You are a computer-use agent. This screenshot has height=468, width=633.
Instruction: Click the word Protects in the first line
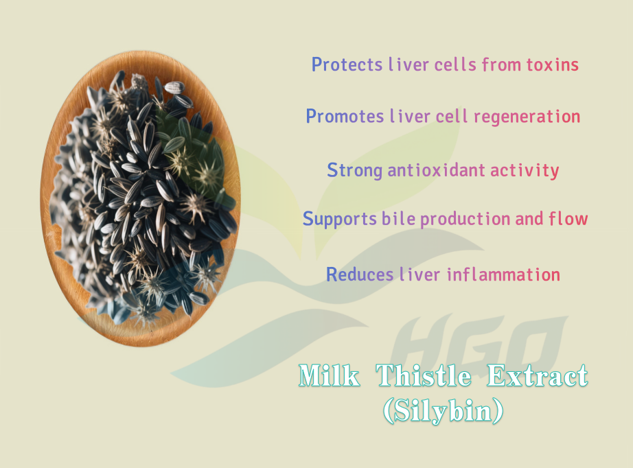(347, 65)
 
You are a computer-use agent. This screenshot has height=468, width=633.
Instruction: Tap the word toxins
(552, 65)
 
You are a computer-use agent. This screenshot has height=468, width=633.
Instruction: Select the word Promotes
(345, 116)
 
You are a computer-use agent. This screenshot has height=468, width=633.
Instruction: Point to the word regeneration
(527, 117)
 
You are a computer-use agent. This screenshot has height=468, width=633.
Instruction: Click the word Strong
(354, 170)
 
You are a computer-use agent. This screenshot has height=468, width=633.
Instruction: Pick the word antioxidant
(436, 170)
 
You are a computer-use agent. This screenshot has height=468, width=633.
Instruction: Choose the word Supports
(340, 219)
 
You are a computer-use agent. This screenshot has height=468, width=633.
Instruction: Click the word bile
(398, 218)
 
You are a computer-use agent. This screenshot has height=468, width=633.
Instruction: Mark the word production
(465, 219)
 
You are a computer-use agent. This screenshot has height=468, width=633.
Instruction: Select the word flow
(568, 218)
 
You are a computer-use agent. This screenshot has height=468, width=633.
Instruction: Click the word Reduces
(360, 274)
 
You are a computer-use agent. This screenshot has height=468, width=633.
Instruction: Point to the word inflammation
(503, 274)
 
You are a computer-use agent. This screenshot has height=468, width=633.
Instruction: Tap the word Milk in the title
(329, 375)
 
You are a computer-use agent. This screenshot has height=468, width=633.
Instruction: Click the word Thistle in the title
(424, 375)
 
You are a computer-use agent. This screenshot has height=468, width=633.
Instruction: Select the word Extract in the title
(538, 375)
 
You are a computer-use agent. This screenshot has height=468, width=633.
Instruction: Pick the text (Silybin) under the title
(443, 411)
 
